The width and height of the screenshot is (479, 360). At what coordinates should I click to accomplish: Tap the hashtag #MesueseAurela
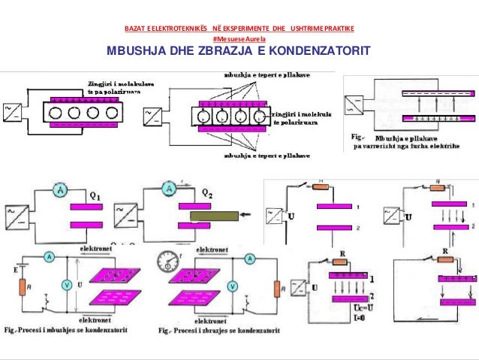click(239, 38)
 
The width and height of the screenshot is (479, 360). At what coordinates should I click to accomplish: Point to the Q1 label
click(95, 198)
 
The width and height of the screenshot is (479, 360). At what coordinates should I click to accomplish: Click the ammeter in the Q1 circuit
click(59, 192)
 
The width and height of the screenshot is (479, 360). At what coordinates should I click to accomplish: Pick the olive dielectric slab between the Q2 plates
click(218, 217)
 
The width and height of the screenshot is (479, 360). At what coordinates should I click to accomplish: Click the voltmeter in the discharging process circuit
click(232, 286)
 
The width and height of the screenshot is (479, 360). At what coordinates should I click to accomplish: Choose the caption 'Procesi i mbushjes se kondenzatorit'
click(71, 329)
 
